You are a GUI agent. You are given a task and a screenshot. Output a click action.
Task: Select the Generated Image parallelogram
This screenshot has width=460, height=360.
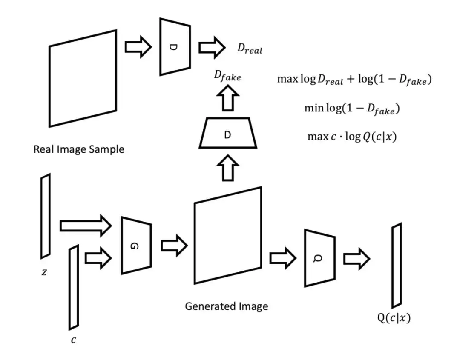click(228, 235)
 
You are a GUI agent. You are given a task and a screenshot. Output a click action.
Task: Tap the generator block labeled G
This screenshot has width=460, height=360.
click(136, 246)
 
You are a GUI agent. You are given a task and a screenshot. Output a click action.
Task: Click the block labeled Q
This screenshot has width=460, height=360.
click(319, 258)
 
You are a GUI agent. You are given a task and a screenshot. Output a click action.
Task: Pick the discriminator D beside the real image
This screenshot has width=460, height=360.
click(175, 47)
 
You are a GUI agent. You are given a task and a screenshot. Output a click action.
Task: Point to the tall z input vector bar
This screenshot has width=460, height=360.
click(46, 213)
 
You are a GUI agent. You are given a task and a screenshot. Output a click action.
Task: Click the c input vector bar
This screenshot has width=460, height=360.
click(74, 287)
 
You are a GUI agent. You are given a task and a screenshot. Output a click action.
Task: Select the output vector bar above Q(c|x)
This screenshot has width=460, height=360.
click(397, 265)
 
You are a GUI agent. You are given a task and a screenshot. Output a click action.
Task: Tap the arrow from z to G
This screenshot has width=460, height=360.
click(85, 226)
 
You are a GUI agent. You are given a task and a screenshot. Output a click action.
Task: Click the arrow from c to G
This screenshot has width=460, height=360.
click(98, 257)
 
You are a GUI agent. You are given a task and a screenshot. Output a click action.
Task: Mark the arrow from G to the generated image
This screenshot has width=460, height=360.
click(174, 246)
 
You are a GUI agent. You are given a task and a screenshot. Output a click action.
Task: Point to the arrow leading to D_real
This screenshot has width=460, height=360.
click(212, 47)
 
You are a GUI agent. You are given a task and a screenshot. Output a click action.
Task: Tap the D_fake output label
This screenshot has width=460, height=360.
click(227, 77)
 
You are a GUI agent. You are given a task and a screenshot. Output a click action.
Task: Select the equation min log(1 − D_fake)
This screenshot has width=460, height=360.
click(352, 109)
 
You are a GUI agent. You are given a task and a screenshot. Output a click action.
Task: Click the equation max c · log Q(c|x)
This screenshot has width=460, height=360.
click(352, 137)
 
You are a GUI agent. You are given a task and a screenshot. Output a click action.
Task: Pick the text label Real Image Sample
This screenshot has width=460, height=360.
click(79, 149)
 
